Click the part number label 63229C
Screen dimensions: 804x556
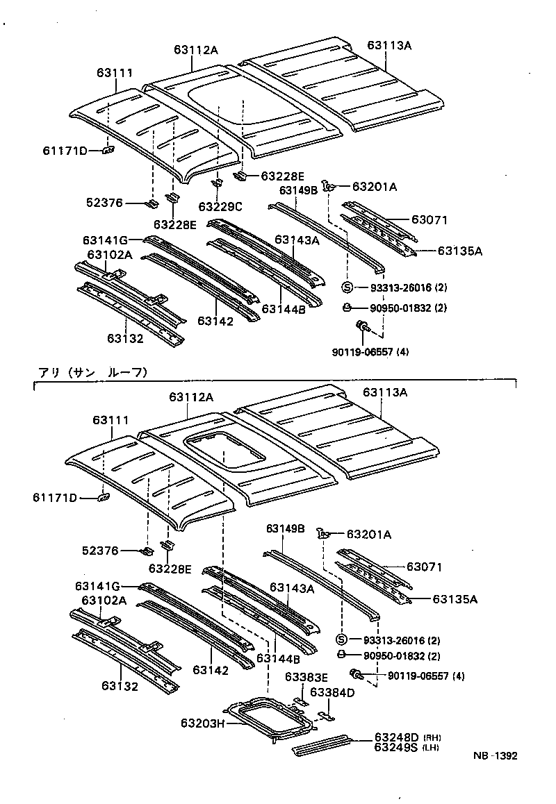point(220,206)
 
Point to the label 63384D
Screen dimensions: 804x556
point(332,692)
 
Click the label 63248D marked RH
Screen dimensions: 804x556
point(396,737)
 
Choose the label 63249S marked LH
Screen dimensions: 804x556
point(396,747)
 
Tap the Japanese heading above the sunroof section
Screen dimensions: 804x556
point(92,372)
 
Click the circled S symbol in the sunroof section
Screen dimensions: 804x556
point(341,639)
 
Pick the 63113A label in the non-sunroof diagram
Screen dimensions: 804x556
point(389,46)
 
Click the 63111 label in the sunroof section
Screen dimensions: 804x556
point(110,420)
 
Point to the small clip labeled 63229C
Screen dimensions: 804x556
point(217,183)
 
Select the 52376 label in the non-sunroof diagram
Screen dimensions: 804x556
point(106,203)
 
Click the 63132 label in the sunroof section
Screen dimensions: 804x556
point(120,686)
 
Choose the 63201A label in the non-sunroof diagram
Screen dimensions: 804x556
point(375,186)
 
